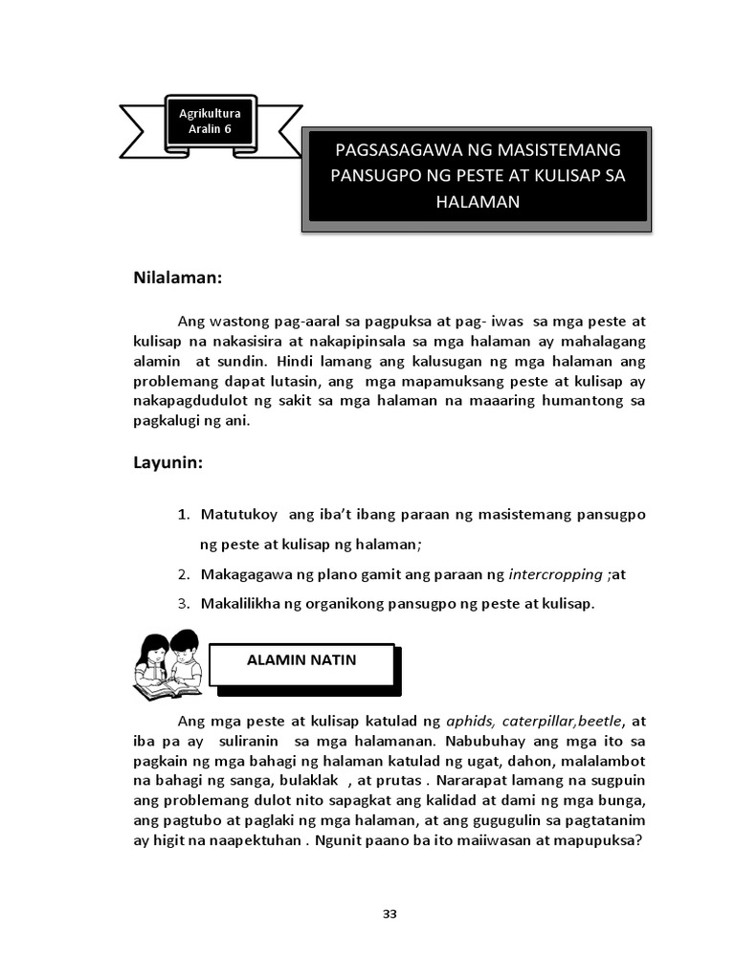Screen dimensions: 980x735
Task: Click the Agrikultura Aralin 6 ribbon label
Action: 211,122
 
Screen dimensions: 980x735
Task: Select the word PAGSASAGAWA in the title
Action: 396,150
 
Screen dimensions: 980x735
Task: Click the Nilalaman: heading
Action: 178,278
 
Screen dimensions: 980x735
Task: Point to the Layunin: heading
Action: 167,462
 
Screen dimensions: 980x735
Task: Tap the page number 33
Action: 390,913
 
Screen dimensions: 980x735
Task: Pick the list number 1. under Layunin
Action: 183,515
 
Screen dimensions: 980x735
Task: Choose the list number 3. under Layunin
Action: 183,604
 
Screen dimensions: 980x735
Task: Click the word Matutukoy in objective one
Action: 238,515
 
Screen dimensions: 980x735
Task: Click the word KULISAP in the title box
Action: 564,176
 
